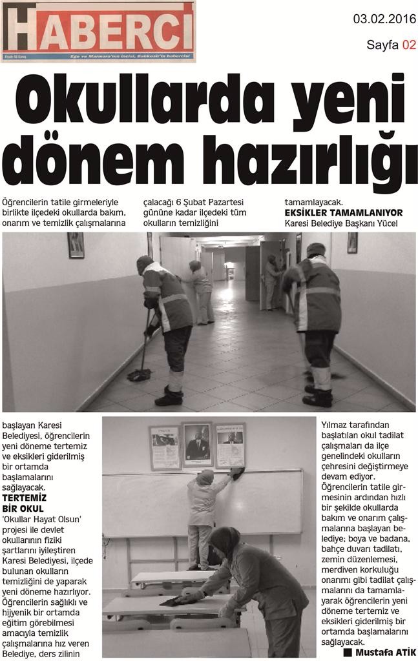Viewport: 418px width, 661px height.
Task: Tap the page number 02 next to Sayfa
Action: (408, 45)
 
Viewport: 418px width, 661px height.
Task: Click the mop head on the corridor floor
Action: (138, 374)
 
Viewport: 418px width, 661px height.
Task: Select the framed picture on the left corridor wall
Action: (76, 245)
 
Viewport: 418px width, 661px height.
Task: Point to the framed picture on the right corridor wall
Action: (352, 243)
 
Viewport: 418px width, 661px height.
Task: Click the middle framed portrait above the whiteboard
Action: (196, 444)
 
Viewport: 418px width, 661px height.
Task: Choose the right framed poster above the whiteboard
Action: (230, 445)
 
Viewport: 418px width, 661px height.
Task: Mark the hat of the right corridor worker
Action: (316, 249)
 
